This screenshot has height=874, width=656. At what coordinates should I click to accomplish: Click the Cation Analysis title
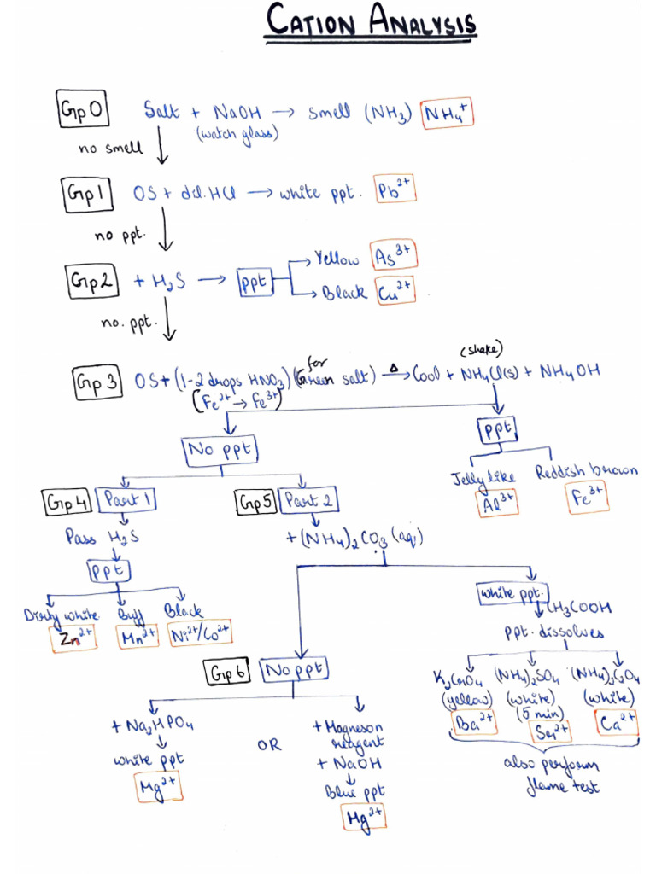tap(371, 22)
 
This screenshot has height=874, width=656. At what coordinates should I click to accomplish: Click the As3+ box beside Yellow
tap(393, 256)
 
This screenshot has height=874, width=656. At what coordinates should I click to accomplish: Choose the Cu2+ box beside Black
tap(393, 291)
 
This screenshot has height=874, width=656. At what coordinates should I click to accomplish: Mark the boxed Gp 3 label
tap(97, 383)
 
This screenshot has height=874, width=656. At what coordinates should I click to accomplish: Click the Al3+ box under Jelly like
tap(497, 503)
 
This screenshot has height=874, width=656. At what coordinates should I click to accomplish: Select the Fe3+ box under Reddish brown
tap(588, 498)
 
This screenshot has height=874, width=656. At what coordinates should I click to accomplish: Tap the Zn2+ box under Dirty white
tap(73, 637)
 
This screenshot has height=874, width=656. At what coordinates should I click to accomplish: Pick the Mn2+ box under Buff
tap(138, 636)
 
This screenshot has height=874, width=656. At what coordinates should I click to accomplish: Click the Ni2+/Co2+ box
tap(200, 632)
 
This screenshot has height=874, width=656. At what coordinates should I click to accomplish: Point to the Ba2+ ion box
tap(473, 724)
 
